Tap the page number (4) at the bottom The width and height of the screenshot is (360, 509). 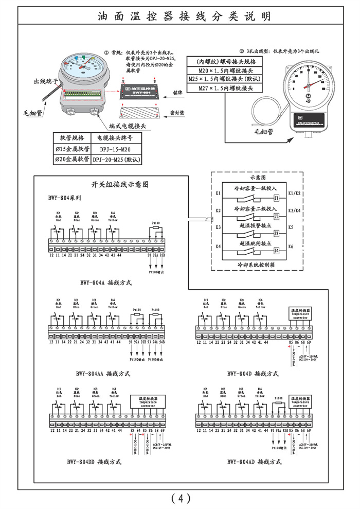point(181,498)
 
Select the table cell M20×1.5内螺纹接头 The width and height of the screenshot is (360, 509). point(225,69)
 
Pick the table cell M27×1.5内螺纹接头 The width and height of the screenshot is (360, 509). point(225,89)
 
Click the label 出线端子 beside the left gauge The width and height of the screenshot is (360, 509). point(44,81)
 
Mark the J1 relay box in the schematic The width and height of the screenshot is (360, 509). point(276,198)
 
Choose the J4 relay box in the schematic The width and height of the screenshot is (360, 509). point(276,251)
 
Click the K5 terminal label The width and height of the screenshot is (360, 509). point(291,227)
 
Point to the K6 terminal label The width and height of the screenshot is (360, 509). point(291,247)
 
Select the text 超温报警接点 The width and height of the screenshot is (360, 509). point(255,225)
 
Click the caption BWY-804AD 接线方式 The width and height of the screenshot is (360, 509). point(254,462)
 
